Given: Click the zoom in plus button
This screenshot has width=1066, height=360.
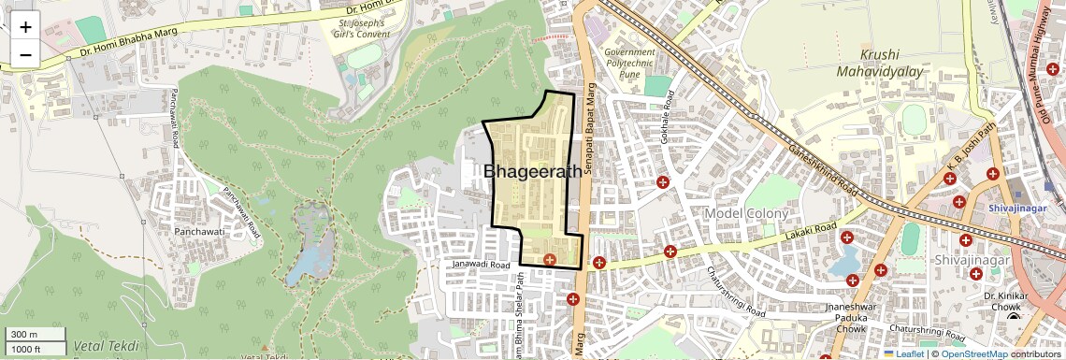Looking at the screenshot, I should (25, 27).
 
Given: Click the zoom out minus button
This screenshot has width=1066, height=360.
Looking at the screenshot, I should (25, 54).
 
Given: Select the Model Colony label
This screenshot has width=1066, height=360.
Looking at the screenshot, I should (747, 213).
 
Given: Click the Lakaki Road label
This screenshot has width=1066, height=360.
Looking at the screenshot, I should (811, 229).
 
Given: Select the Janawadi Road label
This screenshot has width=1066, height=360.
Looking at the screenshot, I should (481, 265).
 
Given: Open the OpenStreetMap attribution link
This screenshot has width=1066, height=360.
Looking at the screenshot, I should (973, 354).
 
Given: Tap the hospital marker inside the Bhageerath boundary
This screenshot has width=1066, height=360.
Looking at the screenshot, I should (550, 259).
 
